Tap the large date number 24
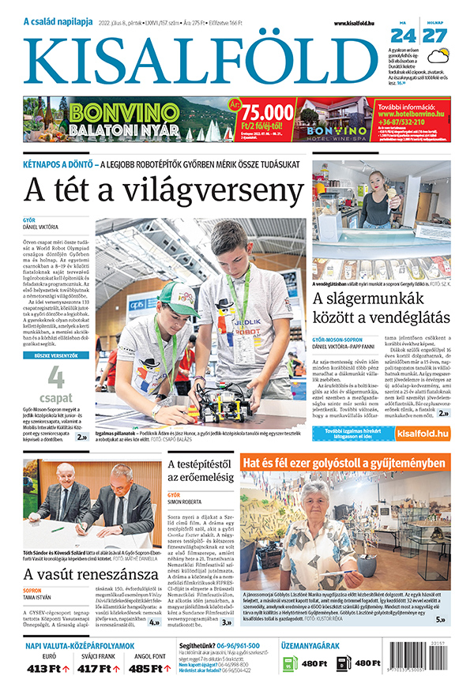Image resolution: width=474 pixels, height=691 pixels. click(403, 36)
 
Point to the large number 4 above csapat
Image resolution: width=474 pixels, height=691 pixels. click(56, 377)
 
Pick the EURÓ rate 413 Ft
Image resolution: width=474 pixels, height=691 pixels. click(48, 670)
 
